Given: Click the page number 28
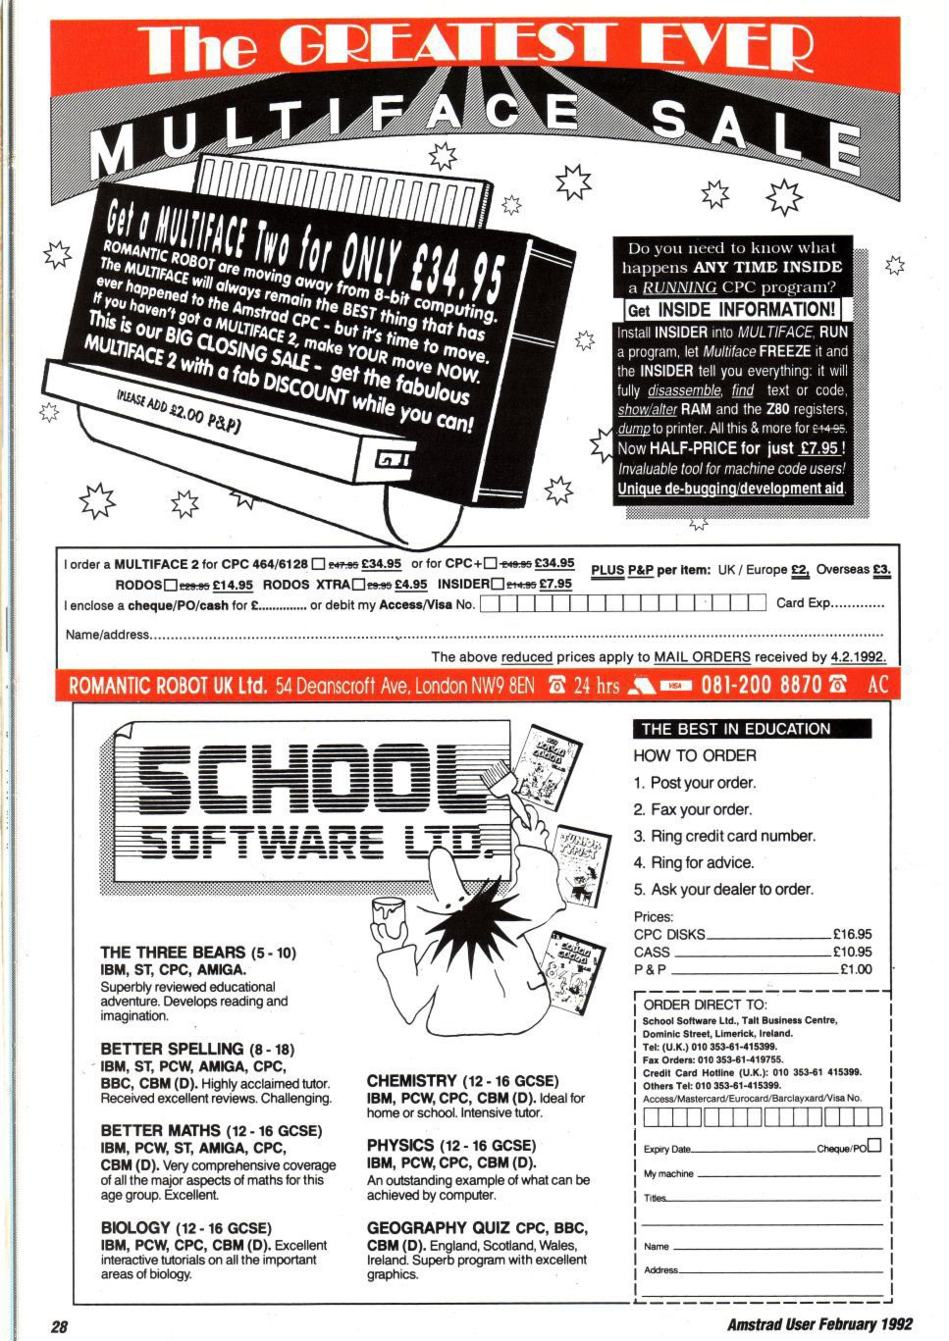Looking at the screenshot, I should (59, 1325).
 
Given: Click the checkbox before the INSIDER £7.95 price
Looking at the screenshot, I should (497, 585).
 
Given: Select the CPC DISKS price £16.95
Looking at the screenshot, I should (851, 935).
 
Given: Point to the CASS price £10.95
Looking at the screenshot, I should (851, 953).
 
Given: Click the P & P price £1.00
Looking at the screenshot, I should (856, 970).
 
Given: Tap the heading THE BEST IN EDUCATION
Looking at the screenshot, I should (736, 729).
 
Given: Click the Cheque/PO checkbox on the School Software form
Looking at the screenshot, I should (874, 1145).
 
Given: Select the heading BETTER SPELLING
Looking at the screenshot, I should (171, 1049).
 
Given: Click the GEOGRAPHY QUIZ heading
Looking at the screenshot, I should (438, 1228).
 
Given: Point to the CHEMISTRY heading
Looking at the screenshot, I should (411, 1081).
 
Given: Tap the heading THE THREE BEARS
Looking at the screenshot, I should (173, 953).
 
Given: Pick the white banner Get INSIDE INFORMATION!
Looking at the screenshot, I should (732, 310).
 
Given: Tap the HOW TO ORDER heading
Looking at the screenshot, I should (695, 755).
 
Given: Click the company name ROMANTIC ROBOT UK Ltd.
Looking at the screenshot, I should (167, 685).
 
